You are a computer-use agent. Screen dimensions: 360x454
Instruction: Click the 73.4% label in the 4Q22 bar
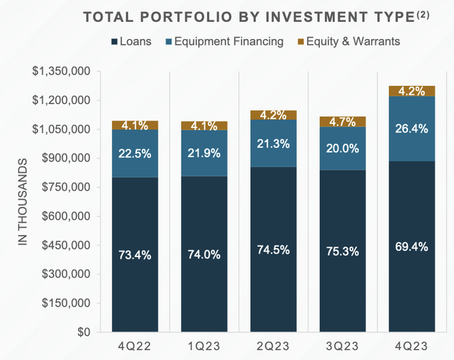pos(135,255)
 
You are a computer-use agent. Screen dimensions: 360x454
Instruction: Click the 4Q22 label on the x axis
pos(135,347)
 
